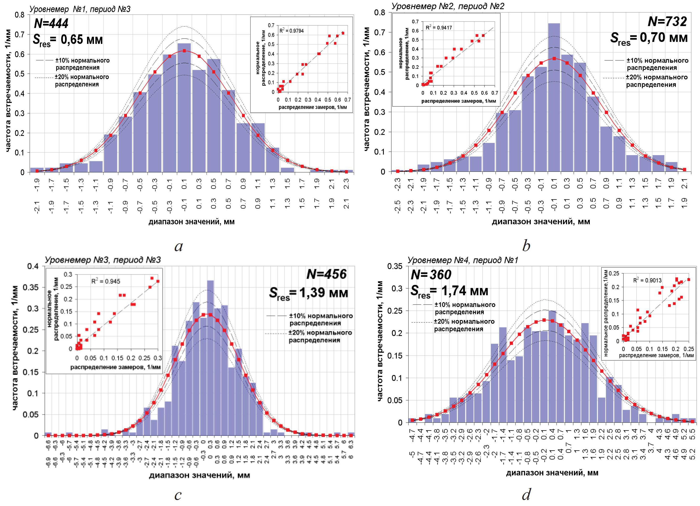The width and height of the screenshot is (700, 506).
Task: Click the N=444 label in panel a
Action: click(x=51, y=23)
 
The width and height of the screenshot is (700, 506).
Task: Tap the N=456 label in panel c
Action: click(x=326, y=274)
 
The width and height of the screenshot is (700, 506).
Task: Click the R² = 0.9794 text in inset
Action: click(x=291, y=31)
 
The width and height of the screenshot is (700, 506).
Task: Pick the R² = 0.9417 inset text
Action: click(x=439, y=27)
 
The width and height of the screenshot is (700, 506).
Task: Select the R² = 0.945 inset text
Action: click(x=106, y=281)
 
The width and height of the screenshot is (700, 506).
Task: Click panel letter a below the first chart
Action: click(x=178, y=246)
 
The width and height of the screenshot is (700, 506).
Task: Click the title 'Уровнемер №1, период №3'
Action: click(x=80, y=9)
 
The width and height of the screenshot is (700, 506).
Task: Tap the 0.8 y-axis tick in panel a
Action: click(x=19, y=15)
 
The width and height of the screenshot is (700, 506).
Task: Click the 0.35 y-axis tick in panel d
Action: click(x=395, y=266)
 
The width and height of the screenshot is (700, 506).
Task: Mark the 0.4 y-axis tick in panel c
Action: click(x=33, y=266)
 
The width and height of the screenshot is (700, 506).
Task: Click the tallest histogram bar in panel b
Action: click(x=554, y=97)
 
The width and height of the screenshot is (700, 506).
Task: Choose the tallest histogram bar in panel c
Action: click(x=210, y=358)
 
